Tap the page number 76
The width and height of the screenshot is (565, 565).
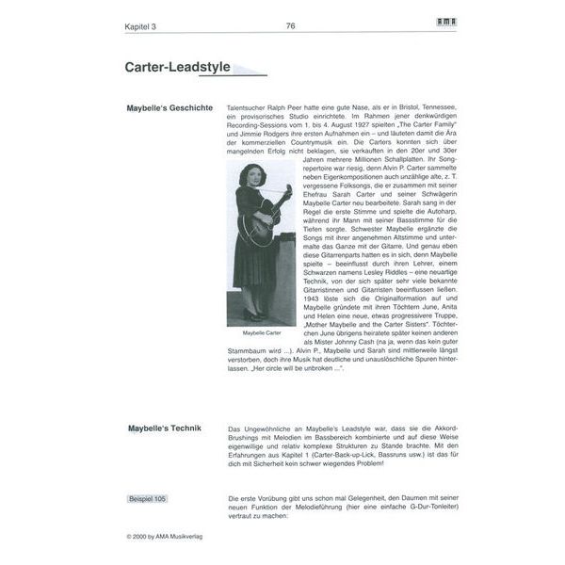tap(290, 26)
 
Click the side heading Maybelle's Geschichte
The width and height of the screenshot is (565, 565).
tap(169, 108)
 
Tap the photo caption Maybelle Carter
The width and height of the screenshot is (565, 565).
tap(262, 333)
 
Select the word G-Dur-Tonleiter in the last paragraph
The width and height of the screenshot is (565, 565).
tap(412, 507)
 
